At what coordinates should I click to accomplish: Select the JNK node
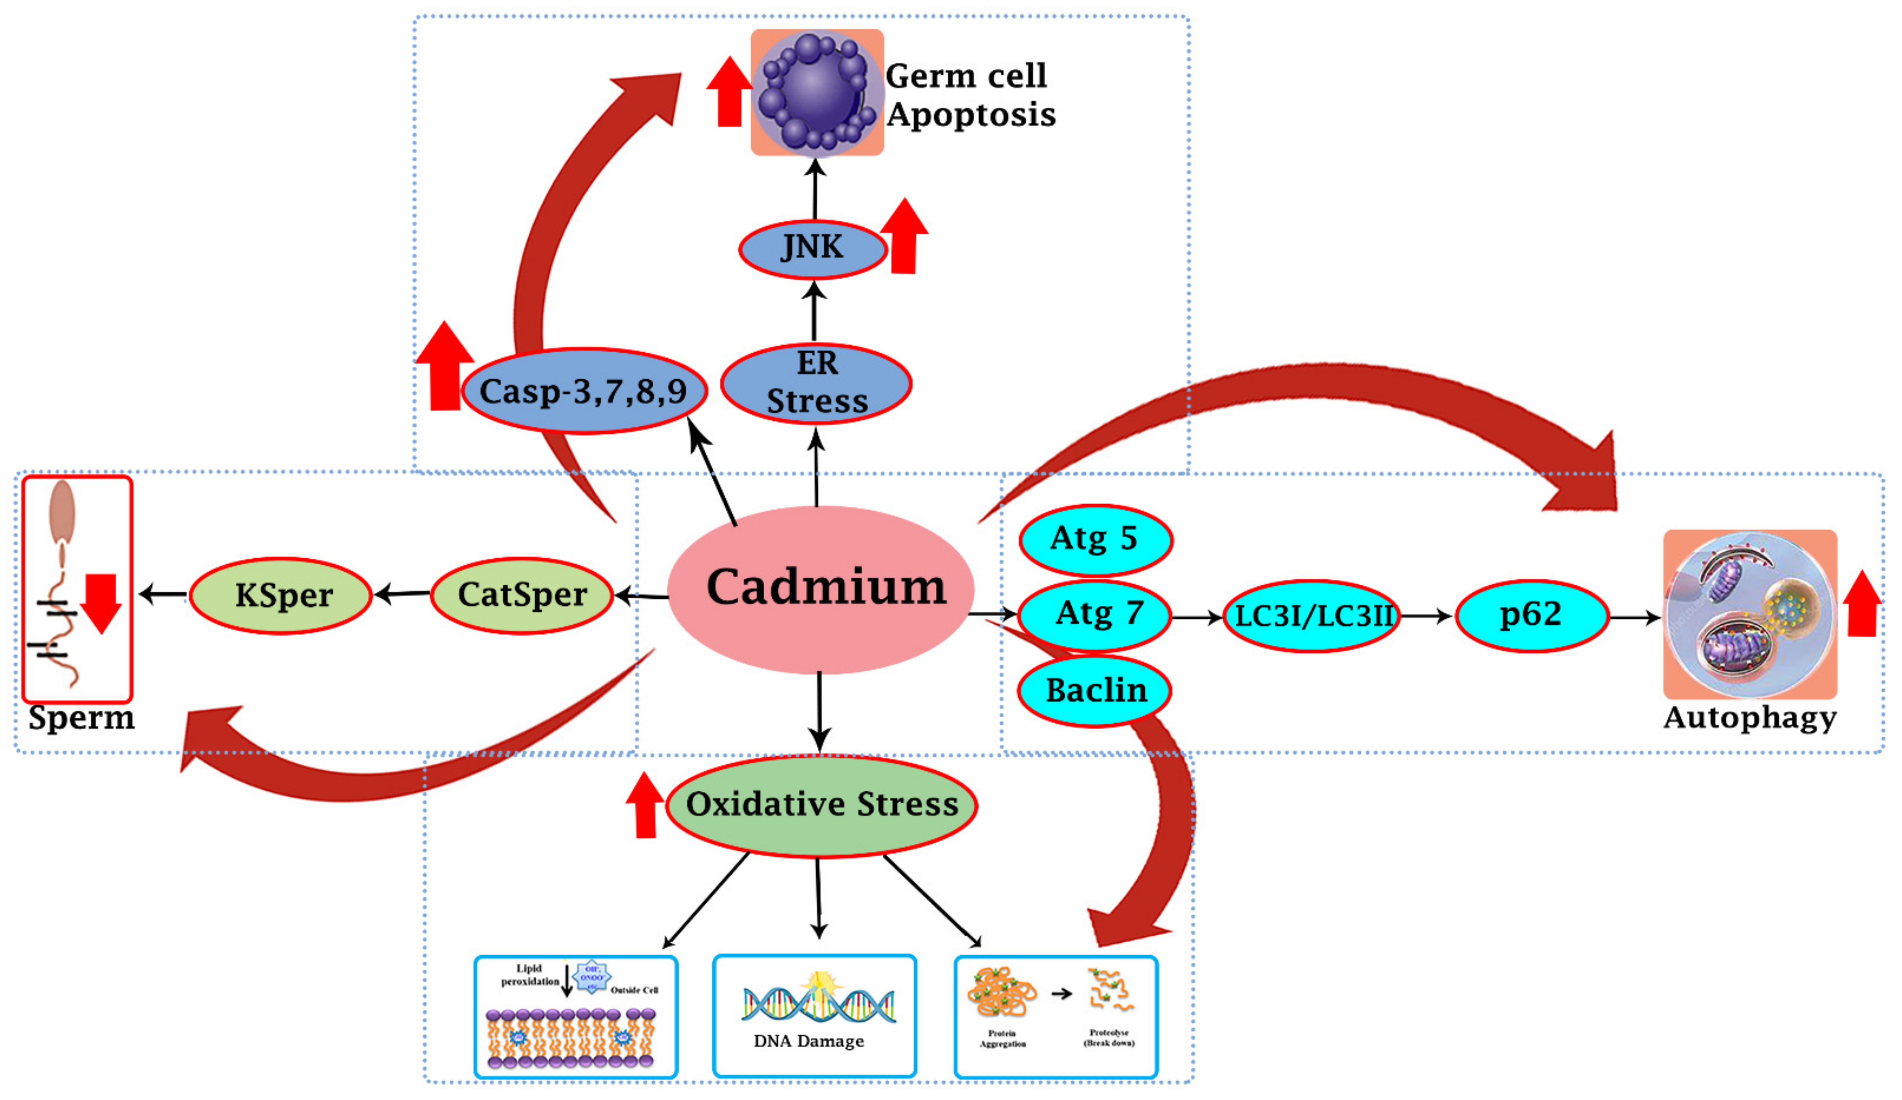(812, 248)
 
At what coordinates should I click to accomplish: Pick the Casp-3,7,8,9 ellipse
(584, 391)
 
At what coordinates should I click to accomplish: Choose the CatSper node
(522, 595)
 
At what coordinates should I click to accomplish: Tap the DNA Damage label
(808, 1041)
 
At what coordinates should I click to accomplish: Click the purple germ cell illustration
(815, 92)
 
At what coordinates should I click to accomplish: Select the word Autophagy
(1749, 718)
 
